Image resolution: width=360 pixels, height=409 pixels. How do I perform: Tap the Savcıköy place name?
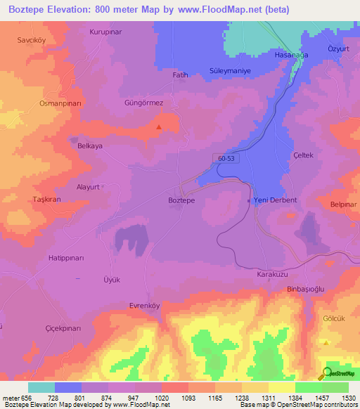click(x=31, y=40)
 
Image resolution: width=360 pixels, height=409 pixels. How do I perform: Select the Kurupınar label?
click(x=105, y=32)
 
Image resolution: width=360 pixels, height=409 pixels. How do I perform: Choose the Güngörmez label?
click(x=143, y=103)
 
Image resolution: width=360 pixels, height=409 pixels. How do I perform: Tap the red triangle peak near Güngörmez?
click(x=159, y=127)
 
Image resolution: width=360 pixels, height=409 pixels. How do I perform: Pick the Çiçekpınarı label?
click(x=44, y=328)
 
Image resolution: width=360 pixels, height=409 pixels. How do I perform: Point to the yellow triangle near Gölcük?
click(x=326, y=342)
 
